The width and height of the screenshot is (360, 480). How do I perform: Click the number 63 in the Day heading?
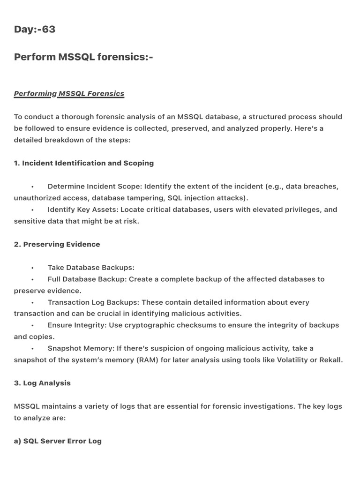(48, 30)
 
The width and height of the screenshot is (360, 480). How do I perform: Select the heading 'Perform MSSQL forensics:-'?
(83, 57)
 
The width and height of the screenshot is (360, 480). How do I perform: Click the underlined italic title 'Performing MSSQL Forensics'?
(69, 93)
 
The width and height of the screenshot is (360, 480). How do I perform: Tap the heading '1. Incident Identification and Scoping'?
(84, 163)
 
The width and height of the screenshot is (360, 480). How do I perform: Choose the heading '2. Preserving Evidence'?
(57, 244)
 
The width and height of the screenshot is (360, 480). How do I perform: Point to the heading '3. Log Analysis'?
(42, 383)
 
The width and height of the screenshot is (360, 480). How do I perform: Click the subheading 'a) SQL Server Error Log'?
(58, 441)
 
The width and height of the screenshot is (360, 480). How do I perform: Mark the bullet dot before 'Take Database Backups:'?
(32, 268)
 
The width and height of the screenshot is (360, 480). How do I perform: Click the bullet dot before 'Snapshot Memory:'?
(32, 349)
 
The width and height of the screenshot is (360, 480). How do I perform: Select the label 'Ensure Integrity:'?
(77, 325)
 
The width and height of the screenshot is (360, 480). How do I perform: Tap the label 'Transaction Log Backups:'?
(93, 302)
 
